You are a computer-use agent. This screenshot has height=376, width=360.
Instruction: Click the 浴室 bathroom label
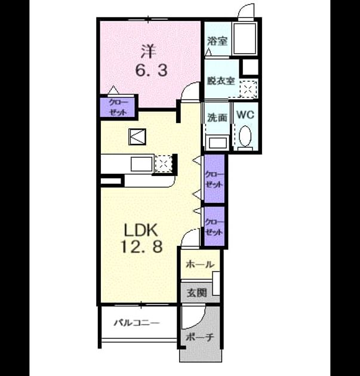tap(217, 41)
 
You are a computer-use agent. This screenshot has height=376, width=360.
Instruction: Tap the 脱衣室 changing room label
tap(221, 81)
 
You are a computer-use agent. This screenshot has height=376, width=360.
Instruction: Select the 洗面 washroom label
tap(217, 118)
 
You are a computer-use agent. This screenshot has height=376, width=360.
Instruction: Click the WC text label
tap(245, 115)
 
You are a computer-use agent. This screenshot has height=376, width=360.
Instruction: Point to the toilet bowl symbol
tap(245, 136)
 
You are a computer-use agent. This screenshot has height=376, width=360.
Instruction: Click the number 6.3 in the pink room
tap(151, 70)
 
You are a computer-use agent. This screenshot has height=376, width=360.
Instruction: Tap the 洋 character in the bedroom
tap(147, 51)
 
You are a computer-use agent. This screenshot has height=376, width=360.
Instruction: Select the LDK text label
tap(141, 230)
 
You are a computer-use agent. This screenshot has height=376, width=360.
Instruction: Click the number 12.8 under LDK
tap(142, 246)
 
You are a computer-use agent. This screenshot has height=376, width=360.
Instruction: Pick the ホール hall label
tap(200, 264)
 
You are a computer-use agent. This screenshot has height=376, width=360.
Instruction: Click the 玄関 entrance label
tap(196, 292)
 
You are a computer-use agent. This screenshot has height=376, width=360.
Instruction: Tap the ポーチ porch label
tap(200, 337)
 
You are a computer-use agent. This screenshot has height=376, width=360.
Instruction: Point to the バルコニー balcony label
tap(137, 323)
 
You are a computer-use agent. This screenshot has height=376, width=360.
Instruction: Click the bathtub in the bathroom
tap(244, 38)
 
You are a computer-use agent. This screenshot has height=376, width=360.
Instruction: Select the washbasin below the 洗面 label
tap(218, 143)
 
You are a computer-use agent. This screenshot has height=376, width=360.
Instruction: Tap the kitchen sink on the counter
tap(141, 164)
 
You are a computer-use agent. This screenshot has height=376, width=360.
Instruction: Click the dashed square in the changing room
tap(248, 89)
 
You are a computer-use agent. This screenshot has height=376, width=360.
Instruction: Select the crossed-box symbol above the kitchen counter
tap(137, 137)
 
